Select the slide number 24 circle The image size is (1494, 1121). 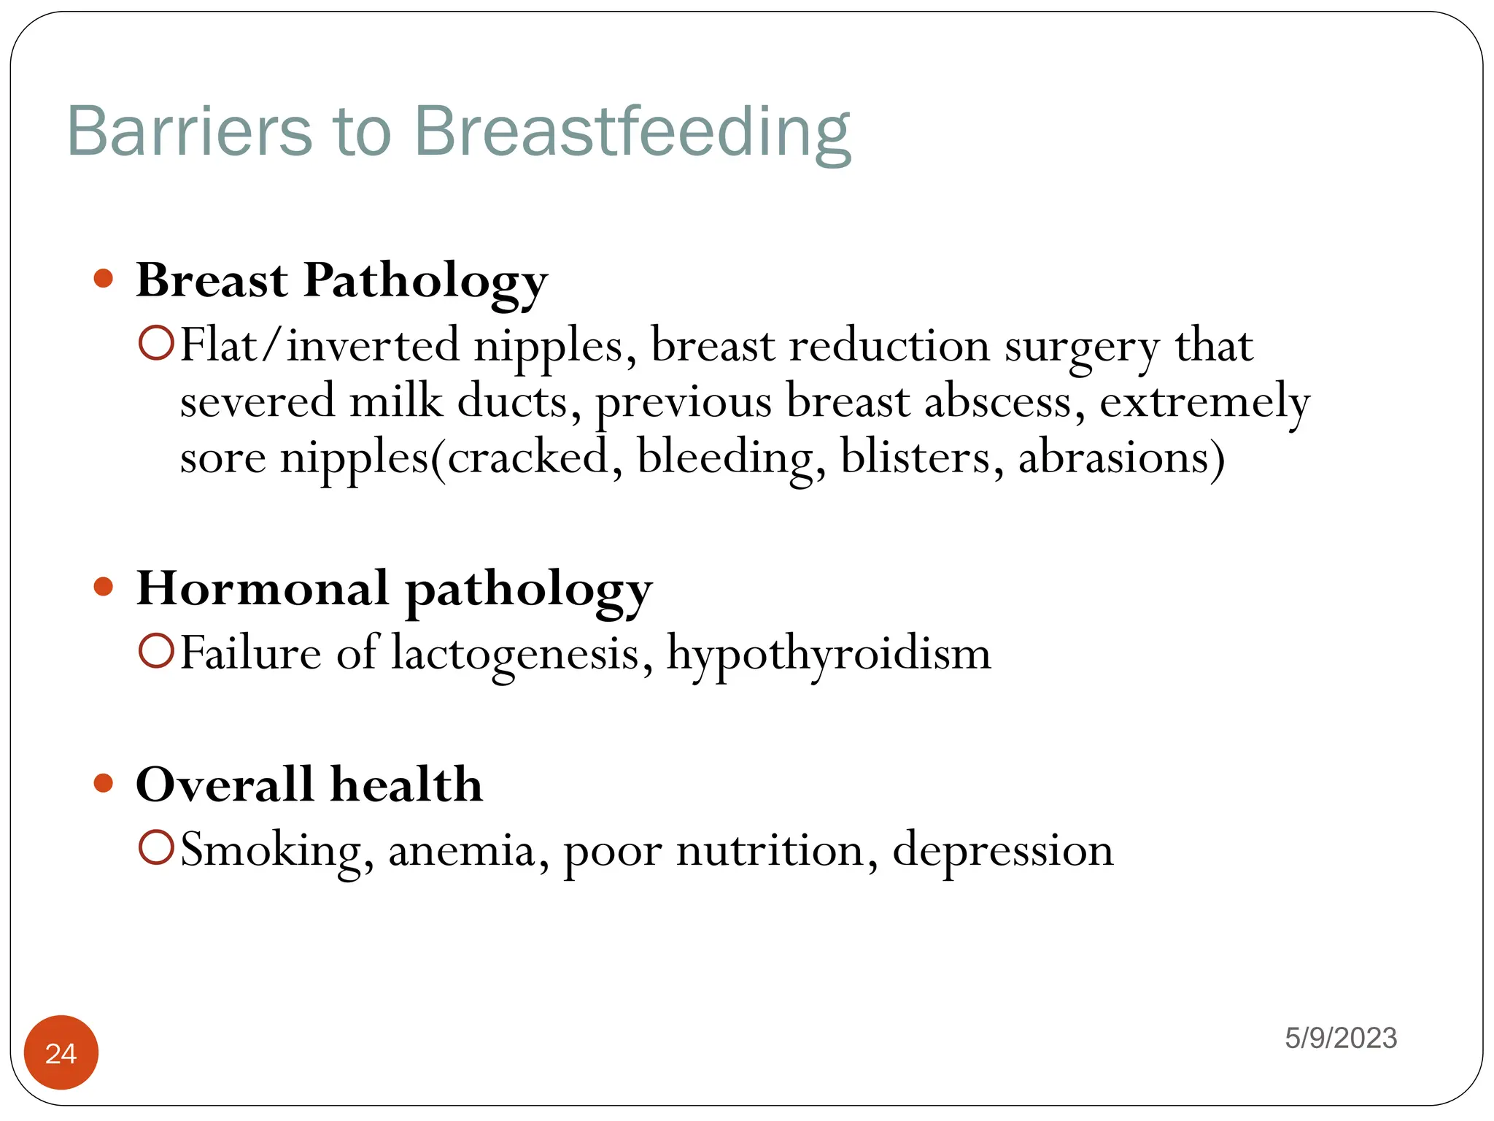61,1052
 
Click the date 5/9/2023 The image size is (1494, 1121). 1341,1038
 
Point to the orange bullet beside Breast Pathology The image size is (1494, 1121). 104,279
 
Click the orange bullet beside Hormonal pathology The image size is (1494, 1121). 104,587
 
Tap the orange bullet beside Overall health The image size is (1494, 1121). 104,783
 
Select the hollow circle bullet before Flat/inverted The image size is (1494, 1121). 156,344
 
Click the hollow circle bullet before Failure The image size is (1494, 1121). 156,651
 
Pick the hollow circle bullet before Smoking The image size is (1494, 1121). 156,848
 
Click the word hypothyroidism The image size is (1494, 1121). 829,654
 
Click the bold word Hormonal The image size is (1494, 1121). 263,588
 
